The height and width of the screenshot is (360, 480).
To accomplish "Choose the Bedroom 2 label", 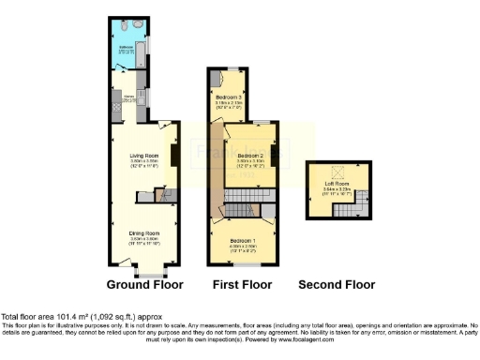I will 247,155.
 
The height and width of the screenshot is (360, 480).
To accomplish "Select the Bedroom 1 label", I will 246,241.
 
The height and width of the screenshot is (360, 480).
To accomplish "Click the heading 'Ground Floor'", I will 144,284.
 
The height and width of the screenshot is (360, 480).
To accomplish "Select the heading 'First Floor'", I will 241,284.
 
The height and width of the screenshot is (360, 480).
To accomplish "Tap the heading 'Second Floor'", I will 337,284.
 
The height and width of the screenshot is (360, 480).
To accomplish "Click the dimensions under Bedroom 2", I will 247,163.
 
